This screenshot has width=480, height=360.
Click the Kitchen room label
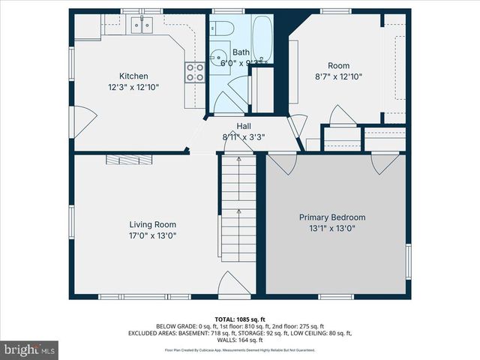coord(134,76)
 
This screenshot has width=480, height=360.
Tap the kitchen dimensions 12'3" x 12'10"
coord(134,87)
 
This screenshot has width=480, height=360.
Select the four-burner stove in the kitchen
coord(195,72)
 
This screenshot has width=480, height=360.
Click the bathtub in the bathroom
coord(263,42)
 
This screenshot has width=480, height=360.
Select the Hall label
coord(244,126)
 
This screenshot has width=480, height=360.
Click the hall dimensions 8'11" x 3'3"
coord(244,137)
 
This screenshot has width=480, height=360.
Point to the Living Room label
coord(153,224)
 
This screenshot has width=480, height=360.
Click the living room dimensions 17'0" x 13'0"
coord(153,235)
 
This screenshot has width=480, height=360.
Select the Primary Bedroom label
coord(337,217)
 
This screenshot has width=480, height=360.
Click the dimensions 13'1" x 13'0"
coord(337,229)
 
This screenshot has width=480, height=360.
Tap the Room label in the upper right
coord(339,65)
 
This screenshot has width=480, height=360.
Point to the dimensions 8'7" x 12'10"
coord(339,76)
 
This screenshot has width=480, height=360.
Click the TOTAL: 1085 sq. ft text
coord(240,319)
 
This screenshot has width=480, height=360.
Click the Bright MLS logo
coord(30,349)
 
